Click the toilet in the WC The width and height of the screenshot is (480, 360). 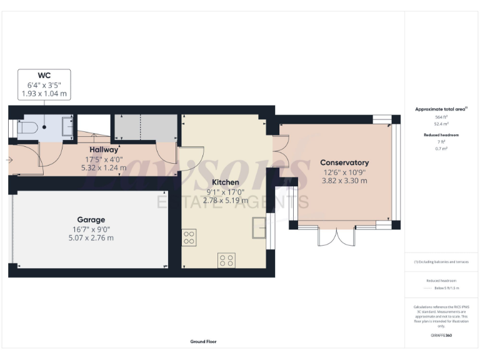coord(31,127)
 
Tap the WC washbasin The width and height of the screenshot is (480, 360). coord(68,127)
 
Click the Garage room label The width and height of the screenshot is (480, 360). coord(91,220)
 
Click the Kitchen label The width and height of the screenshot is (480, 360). coord(225,182)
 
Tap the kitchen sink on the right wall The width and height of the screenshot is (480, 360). coord(259,228)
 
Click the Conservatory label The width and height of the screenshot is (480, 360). coord(344,162)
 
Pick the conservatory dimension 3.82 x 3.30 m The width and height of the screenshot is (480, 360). coord(344,181)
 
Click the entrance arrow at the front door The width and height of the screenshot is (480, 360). coord(9,161)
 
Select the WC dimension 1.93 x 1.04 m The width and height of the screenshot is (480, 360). coord(44,94)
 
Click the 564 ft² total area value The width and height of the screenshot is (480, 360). coord(441,117)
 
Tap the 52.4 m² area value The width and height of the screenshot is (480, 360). coord(441,124)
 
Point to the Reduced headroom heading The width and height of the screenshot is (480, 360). coord(441,135)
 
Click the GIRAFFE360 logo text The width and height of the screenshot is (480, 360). coord(441,336)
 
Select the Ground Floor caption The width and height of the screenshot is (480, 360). coord(204,342)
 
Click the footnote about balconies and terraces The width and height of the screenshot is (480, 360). coord(441,262)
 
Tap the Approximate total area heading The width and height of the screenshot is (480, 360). coord(441,109)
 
